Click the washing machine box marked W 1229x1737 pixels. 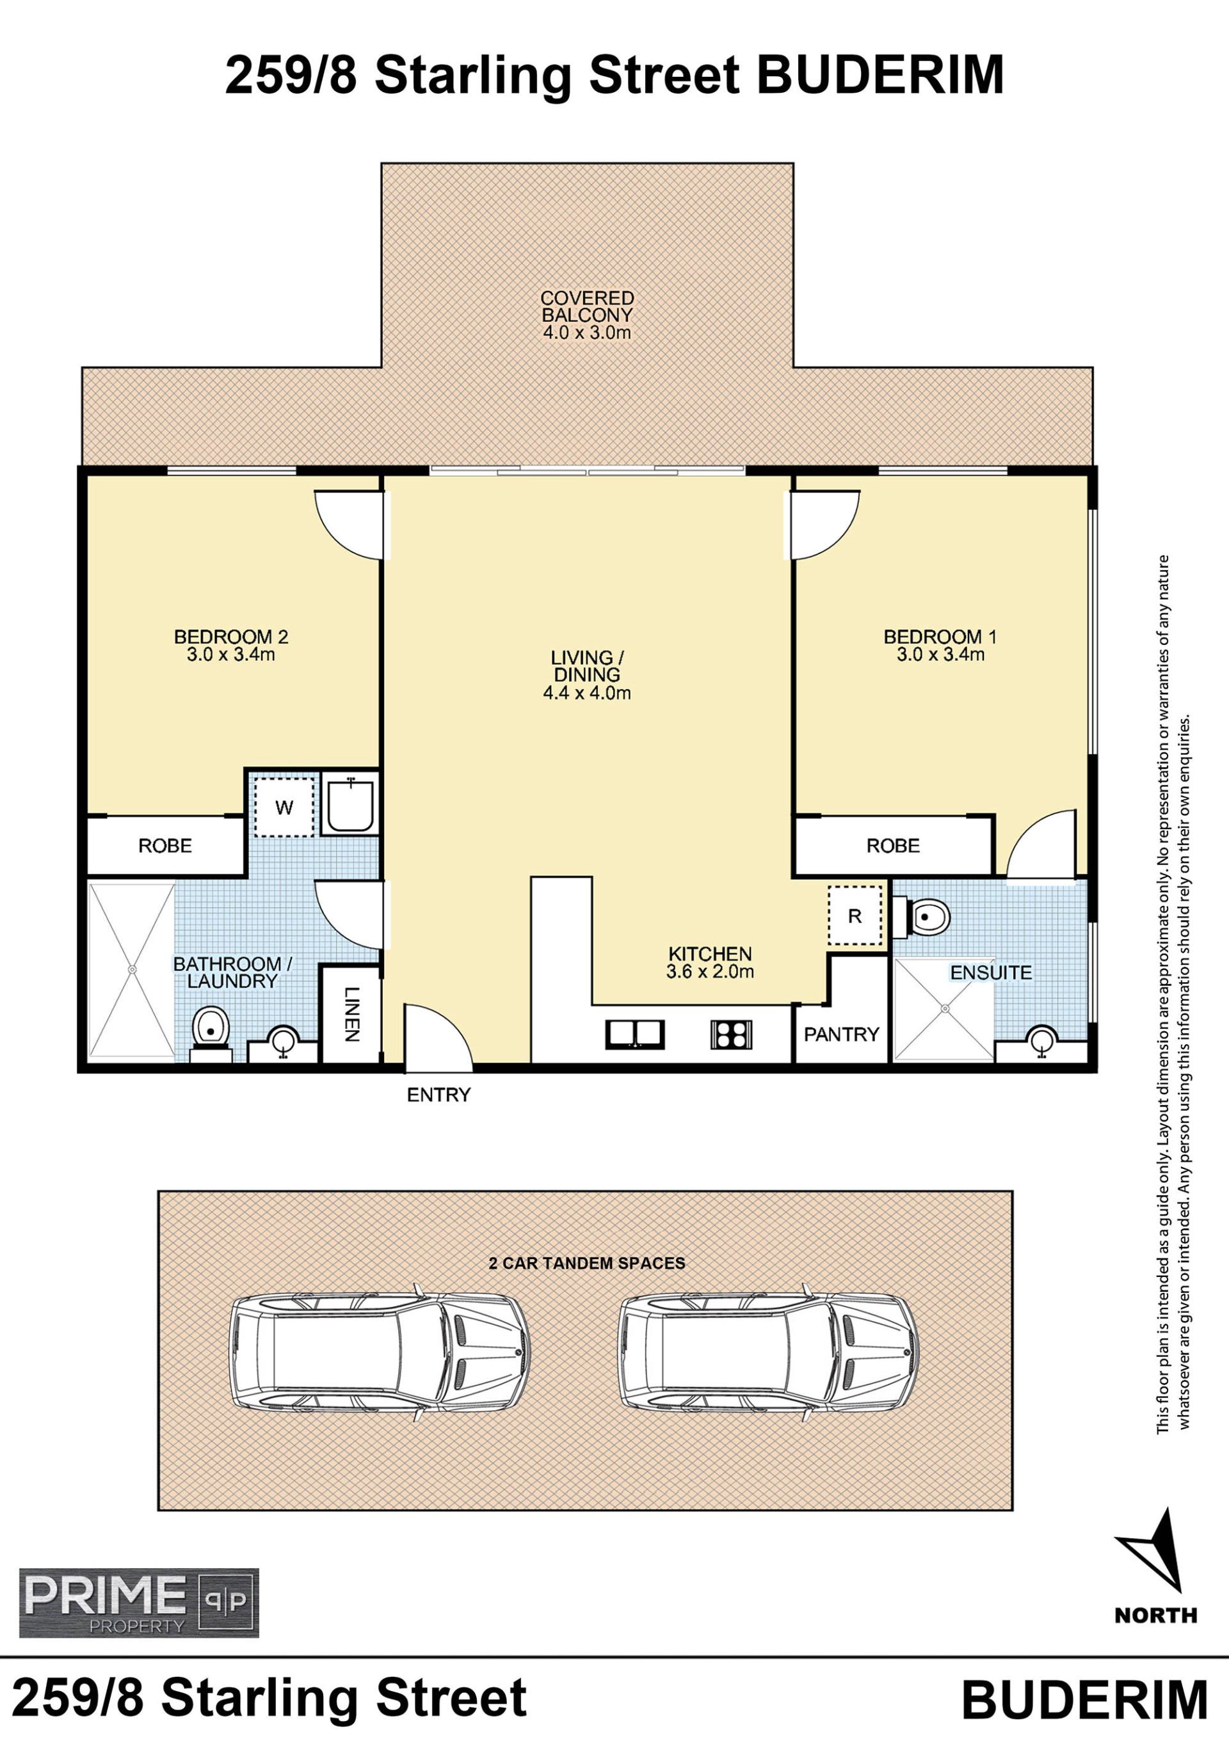coord(284,807)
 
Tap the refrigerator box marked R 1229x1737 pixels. coord(855,916)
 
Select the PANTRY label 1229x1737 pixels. coord(842,1034)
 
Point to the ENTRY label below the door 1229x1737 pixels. coord(439,1095)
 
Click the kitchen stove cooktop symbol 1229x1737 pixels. coord(731,1034)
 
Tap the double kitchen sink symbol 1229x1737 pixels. coord(635,1034)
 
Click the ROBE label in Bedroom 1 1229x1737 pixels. coord(893,846)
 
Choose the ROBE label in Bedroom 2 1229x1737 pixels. coord(165,846)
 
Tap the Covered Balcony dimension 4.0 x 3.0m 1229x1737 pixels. coord(587,332)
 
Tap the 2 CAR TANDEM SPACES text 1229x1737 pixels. coord(587,1263)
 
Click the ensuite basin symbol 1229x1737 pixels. coord(1042,1041)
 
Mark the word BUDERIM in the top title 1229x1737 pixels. coord(881,75)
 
